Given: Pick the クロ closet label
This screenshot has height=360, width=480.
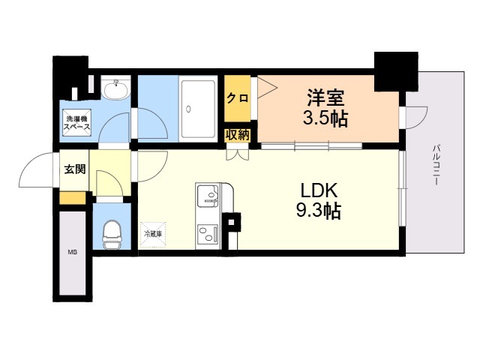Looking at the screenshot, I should pos(237,98).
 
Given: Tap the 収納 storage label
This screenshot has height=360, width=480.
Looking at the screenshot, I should pos(237,135).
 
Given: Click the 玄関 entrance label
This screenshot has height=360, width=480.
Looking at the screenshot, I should pos(73,169).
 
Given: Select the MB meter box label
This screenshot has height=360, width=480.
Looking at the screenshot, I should pos(73,252).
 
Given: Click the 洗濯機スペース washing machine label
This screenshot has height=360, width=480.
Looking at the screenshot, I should pos(77,123).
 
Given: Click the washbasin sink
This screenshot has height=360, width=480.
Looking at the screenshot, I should pos(115,91).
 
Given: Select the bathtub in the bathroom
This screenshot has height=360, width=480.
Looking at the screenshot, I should pos(199,109).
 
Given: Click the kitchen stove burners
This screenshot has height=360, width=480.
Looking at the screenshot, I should pos(207,234).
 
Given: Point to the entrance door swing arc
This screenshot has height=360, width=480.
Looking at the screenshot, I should pos(34,171).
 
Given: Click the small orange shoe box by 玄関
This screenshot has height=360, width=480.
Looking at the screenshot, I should pos(73,198).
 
